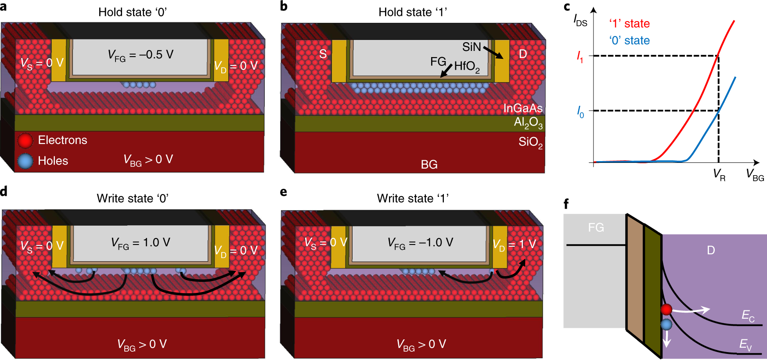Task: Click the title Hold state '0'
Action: (x=132, y=12)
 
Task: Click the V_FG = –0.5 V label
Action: (x=140, y=55)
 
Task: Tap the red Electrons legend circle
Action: (x=25, y=140)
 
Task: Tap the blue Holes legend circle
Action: (x=25, y=161)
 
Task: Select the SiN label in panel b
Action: (x=471, y=47)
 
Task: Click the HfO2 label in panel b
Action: (x=467, y=67)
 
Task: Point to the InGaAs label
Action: (x=522, y=108)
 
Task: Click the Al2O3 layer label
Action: (x=528, y=122)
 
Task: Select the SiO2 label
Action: (x=530, y=142)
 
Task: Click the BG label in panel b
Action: (x=429, y=165)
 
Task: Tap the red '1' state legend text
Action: (x=629, y=24)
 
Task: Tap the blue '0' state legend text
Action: (x=629, y=41)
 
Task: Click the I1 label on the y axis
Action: (x=580, y=57)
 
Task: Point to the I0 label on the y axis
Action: (x=580, y=112)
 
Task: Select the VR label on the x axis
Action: (x=719, y=174)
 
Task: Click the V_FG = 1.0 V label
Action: (x=140, y=243)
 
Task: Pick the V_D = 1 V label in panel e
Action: (x=514, y=244)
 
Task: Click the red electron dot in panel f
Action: (x=666, y=310)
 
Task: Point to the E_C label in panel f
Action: (x=748, y=315)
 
